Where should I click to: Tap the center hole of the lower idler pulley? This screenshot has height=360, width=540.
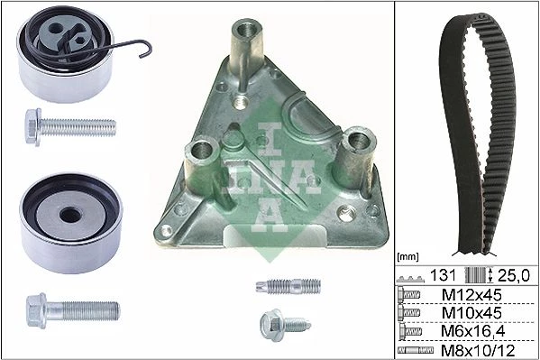point(70,215)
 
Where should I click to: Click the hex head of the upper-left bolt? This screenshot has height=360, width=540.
point(33,127)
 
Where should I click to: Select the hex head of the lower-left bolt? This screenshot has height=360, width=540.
point(36,310)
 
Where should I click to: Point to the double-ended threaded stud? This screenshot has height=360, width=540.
point(288,286)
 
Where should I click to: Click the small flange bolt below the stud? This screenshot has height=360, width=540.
point(285,325)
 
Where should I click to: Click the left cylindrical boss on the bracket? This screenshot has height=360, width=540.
point(201,162)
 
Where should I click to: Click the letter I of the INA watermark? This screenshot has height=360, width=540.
point(270,139)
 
